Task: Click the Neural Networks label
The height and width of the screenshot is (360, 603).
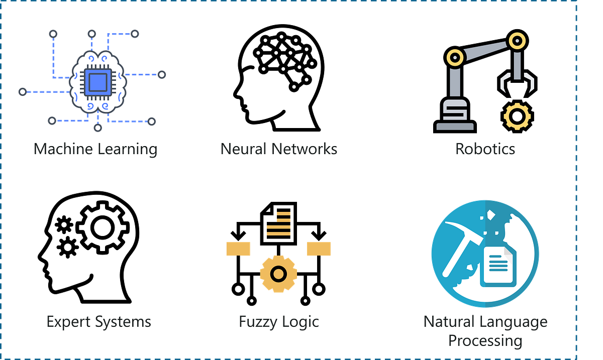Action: (x=279, y=149)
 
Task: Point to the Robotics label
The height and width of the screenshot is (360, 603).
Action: (x=485, y=149)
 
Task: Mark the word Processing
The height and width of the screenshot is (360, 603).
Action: (x=485, y=340)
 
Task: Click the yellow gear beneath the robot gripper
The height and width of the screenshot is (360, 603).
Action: (x=517, y=116)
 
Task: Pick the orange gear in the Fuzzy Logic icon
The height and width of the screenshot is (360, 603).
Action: (x=278, y=274)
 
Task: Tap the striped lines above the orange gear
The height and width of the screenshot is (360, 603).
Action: (x=279, y=224)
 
